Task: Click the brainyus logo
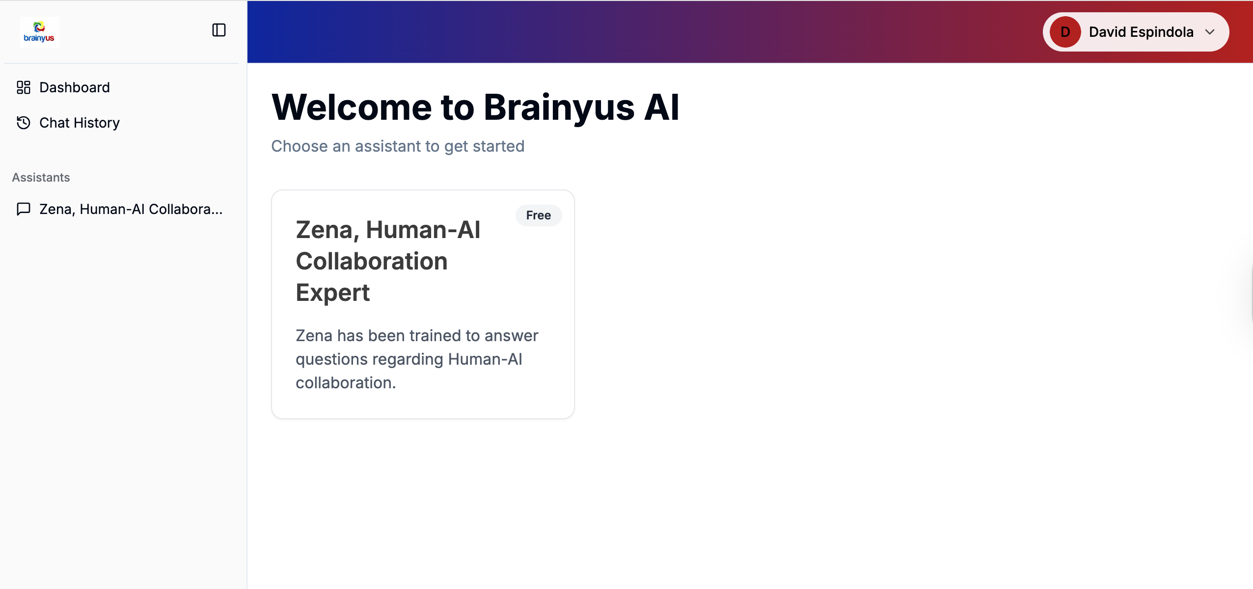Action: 39,32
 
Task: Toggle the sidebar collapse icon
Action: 219,30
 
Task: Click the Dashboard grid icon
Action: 24,87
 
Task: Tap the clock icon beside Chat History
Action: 24,123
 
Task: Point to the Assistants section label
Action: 41,177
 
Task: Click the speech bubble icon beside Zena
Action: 24,209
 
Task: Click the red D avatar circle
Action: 1065,32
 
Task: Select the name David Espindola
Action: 1141,32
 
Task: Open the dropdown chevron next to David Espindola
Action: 1210,32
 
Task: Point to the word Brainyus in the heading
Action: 559,108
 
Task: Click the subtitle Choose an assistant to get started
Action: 398,146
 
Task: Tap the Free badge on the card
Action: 539,215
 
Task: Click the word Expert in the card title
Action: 333,293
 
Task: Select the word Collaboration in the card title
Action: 372,261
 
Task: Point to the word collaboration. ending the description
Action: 346,383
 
